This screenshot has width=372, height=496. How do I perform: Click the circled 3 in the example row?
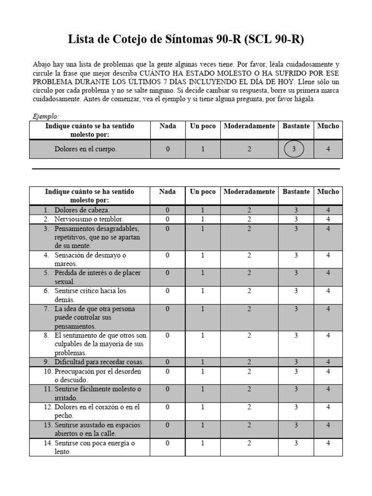click(x=294, y=149)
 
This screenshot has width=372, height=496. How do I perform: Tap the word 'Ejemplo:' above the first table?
click(x=46, y=116)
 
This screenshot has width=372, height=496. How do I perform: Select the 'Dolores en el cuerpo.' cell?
click(x=86, y=149)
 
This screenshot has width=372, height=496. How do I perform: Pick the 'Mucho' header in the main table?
click(x=328, y=192)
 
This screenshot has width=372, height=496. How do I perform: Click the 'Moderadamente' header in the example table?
click(x=249, y=126)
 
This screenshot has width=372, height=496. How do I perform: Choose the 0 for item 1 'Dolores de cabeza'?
click(x=168, y=210)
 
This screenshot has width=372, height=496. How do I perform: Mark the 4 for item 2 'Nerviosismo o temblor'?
click(x=328, y=219)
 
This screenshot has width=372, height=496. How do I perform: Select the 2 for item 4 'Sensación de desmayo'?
click(x=249, y=255)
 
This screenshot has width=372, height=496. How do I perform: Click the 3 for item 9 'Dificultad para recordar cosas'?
click(x=295, y=362)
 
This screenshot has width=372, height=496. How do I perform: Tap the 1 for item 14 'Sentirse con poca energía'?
click(x=202, y=443)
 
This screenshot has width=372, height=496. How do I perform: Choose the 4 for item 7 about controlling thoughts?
click(x=328, y=309)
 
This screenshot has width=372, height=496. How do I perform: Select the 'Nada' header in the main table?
click(x=168, y=192)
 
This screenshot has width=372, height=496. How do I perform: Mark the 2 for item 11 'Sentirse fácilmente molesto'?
click(x=249, y=389)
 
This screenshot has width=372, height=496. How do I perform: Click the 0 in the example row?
click(x=168, y=149)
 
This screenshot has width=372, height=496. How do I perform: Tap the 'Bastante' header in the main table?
click(x=296, y=192)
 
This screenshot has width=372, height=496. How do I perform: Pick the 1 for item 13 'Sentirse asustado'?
click(x=202, y=425)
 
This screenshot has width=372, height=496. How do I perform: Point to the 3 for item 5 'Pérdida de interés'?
click(x=295, y=273)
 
